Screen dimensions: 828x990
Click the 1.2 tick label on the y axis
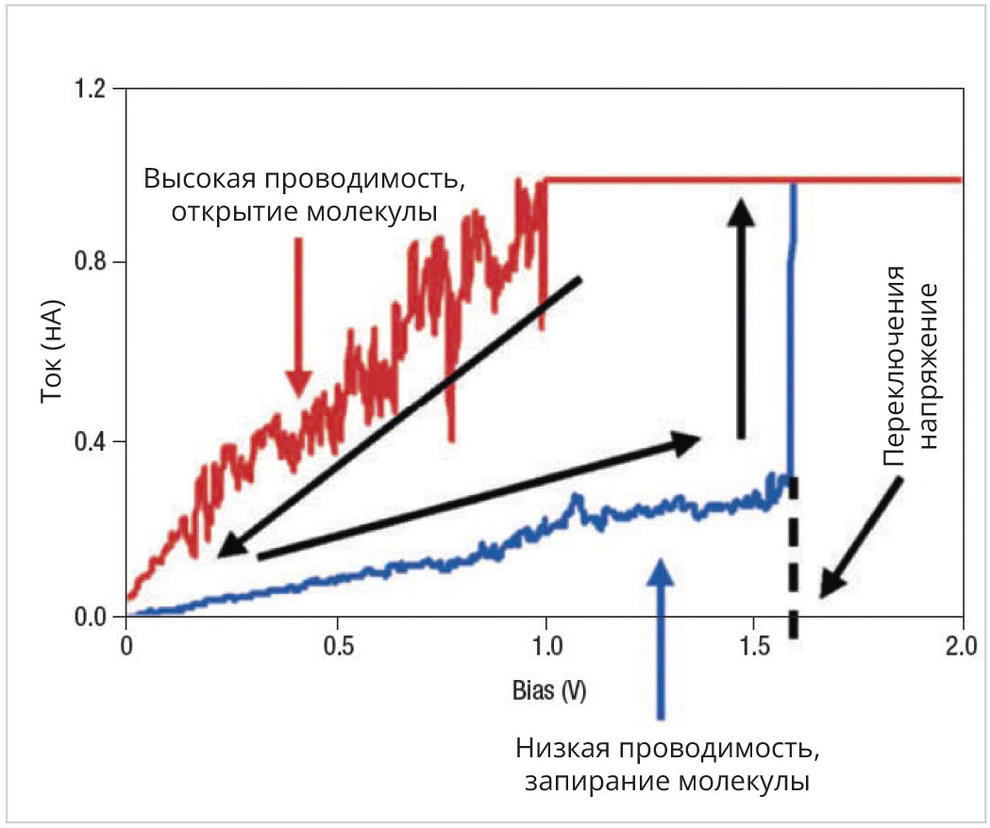pos(93,90)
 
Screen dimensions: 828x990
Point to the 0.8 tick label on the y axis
pos(93,262)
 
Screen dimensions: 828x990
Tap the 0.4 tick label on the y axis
pos(93,440)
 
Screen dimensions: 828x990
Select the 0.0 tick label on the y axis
pos(93,617)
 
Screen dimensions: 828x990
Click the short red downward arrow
pos(299,316)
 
